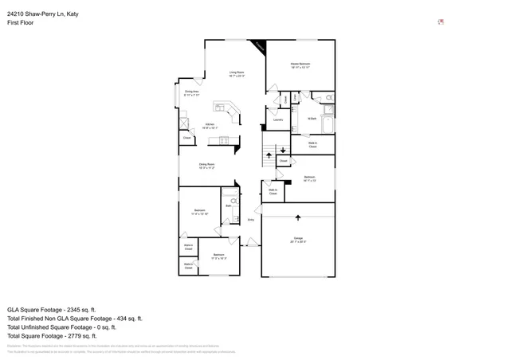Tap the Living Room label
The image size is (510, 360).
(237, 74)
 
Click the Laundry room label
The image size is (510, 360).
(278, 120)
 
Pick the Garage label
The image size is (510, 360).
(298, 240)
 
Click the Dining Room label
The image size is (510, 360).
(208, 166)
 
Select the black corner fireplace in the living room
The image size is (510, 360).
(259, 49)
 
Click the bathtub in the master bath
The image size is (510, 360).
(329, 125)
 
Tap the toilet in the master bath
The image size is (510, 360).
(331, 98)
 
